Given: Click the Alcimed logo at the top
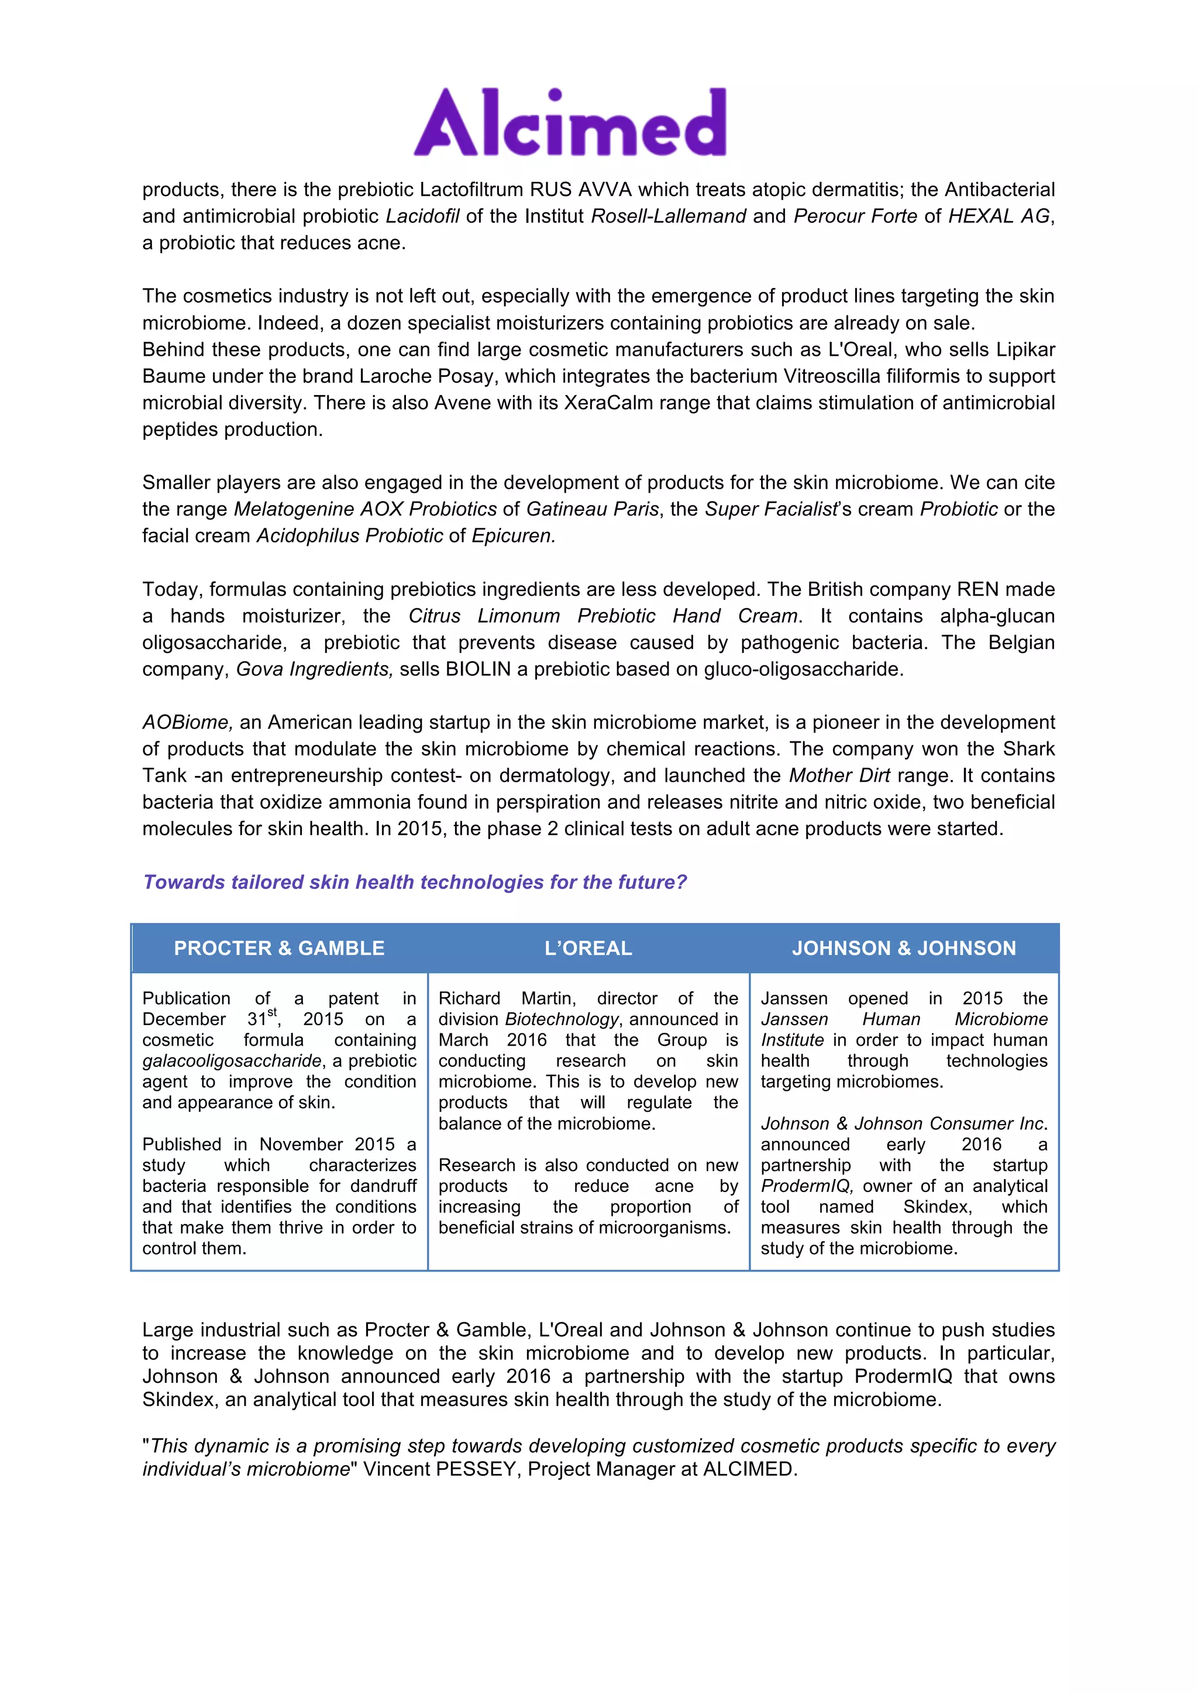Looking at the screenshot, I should tap(570, 122).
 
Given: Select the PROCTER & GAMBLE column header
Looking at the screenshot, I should tap(279, 948).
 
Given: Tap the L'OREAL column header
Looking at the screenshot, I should tap(588, 948).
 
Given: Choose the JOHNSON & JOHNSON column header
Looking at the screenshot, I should tap(904, 948).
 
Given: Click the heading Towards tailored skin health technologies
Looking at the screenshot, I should tap(415, 882).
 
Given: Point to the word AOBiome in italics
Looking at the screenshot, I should tap(187, 722).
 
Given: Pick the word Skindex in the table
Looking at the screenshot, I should tap(937, 1207).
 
